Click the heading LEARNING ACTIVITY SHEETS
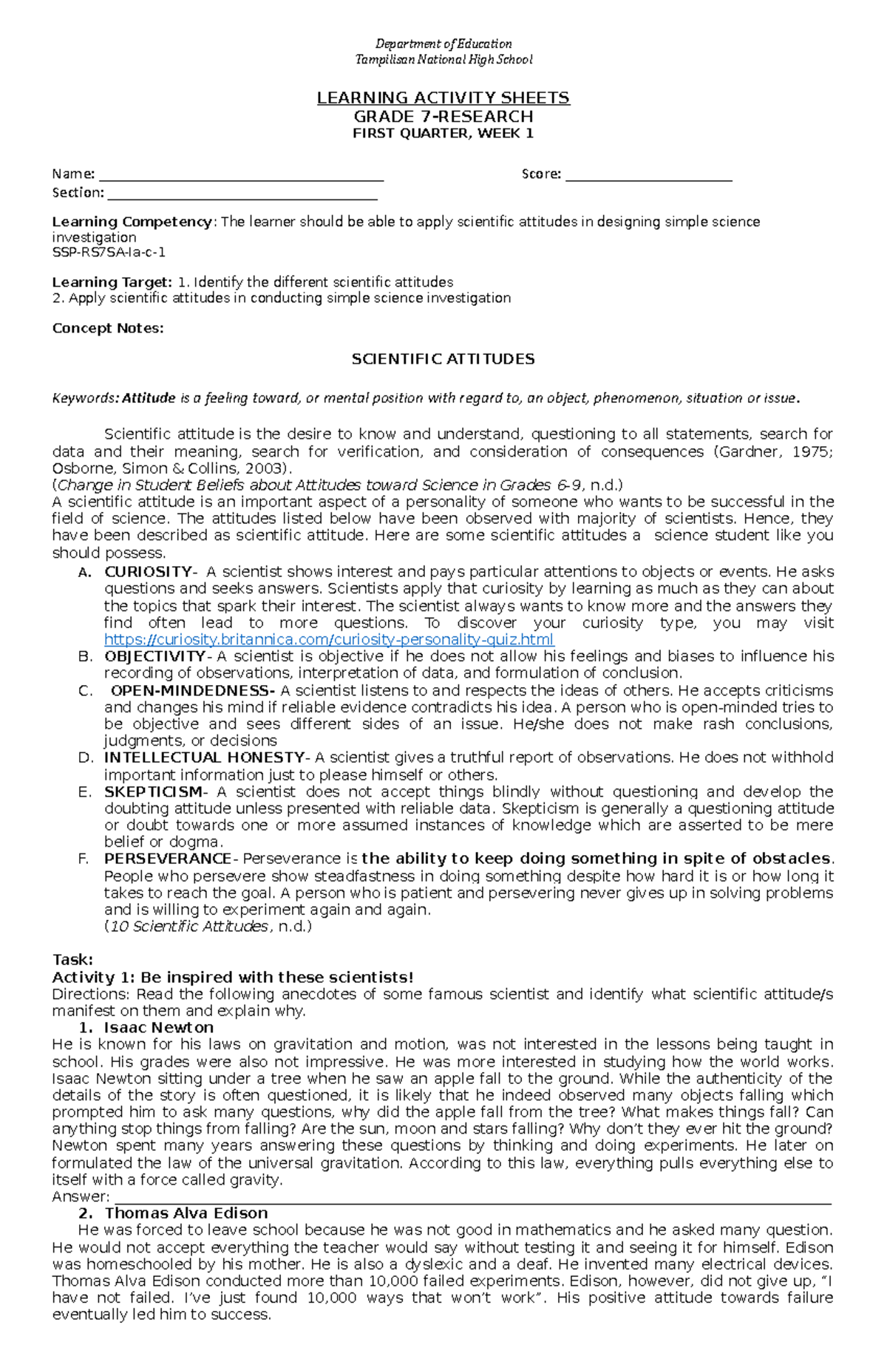click(x=443, y=98)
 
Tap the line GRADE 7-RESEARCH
click(x=443, y=116)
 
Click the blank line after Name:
click(x=241, y=178)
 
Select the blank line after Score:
click(x=648, y=178)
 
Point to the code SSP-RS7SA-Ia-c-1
click(x=109, y=252)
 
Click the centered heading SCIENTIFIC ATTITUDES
click(x=443, y=359)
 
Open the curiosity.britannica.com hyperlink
click(x=329, y=640)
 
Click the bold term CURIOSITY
click(x=148, y=571)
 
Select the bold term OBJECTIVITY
click(x=154, y=656)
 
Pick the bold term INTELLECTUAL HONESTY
click(x=204, y=757)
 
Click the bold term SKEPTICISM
click(x=152, y=791)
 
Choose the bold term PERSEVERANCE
click(x=168, y=859)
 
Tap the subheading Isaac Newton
click(x=158, y=1028)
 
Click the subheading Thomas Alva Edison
click(x=186, y=1213)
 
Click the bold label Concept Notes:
click(x=108, y=328)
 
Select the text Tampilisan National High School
click(x=443, y=59)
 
